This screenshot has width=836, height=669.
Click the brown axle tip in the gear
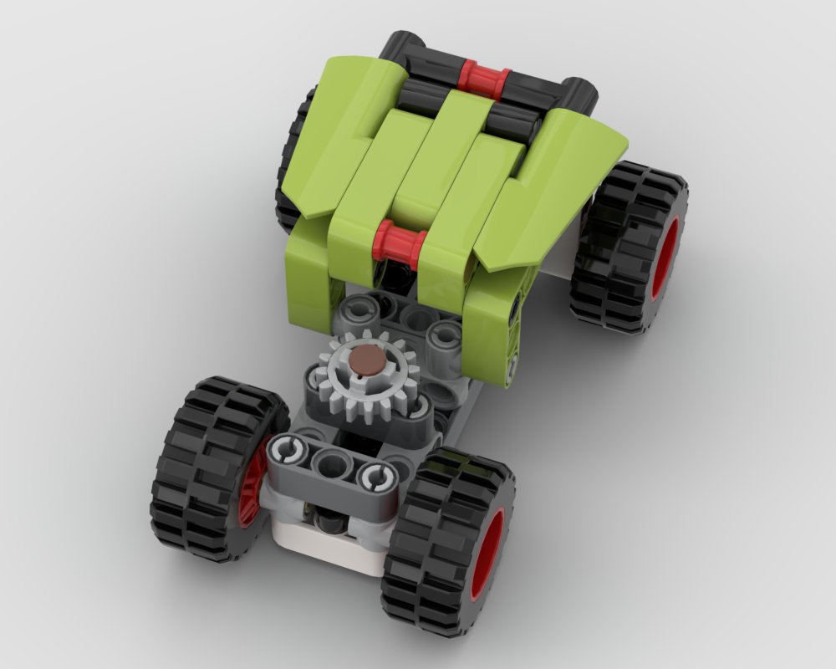click(x=363, y=361)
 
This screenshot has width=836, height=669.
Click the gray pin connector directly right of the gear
click(x=443, y=339)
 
